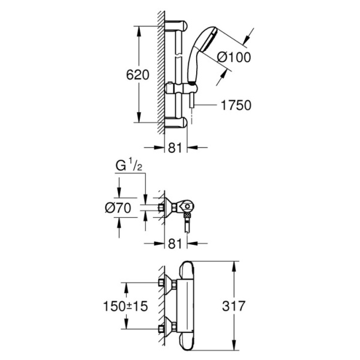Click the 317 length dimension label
point(233,305)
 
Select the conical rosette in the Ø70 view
point(174,208)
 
